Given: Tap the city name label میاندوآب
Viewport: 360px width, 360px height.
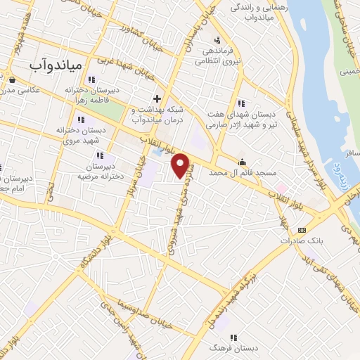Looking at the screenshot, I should pos(57,65).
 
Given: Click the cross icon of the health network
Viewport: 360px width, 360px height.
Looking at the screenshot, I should pos(157,98).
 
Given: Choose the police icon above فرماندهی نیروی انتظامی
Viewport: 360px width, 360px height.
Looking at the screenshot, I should pos(217,39).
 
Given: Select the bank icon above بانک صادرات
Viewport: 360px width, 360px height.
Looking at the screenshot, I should pos(302,229).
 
